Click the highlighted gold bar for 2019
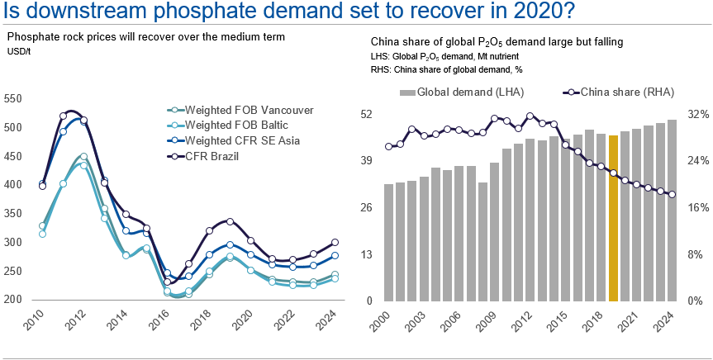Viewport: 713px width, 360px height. point(613,218)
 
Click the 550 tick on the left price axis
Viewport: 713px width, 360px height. point(12,98)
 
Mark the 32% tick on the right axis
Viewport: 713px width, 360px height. point(698,114)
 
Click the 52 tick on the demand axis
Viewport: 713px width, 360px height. point(365,114)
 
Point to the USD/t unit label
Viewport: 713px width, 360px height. point(17,51)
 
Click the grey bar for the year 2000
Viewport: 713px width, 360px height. point(389,243)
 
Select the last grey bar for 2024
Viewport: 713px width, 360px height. point(672,211)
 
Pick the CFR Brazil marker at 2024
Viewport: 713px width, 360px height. point(335,243)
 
